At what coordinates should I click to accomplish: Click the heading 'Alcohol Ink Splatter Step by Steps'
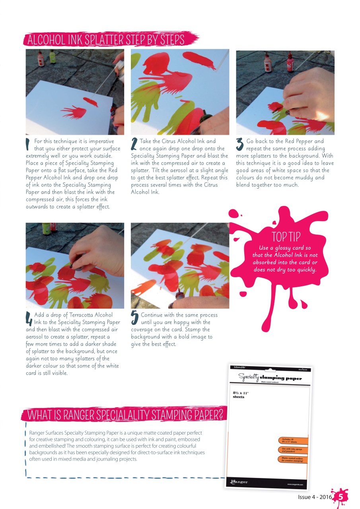[105, 40]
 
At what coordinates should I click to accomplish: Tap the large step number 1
[28, 144]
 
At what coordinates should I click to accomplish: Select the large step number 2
[134, 144]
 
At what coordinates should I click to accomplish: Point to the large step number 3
[240, 144]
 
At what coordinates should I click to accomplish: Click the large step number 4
[29, 318]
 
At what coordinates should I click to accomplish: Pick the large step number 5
[134, 317]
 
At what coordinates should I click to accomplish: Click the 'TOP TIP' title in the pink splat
[286, 237]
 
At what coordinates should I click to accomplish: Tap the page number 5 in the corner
[341, 496]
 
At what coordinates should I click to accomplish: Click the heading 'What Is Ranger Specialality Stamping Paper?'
[124, 414]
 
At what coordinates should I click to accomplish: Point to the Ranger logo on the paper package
[239, 482]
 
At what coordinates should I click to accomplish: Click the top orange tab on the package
[293, 440]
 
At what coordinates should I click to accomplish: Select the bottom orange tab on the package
[293, 460]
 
